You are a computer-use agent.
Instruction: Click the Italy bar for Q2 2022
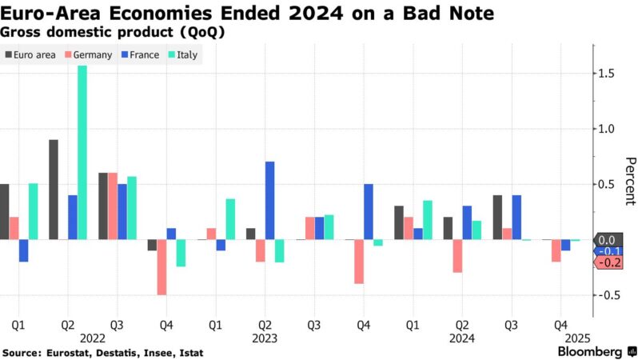coord(82,152)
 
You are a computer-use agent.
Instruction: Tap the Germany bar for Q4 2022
coord(162,267)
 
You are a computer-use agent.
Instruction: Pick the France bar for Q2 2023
coord(269,200)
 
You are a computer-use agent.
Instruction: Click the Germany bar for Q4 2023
coord(359,262)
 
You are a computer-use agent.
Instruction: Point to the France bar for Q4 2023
coord(368,211)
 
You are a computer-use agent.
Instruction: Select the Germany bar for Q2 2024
coord(457,256)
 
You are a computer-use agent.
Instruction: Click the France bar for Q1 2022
coord(23,250)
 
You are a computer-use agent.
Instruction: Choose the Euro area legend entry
coord(30,55)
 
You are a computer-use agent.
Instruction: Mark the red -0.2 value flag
coord(609,262)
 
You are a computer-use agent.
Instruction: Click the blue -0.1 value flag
coord(609,251)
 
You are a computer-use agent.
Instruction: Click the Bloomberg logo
coord(592,351)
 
